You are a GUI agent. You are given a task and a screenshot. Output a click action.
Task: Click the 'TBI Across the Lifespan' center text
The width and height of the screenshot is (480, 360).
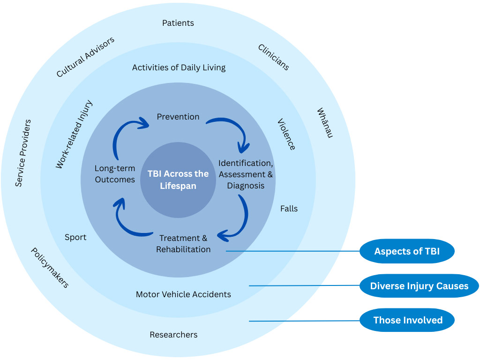pyautogui.click(x=178, y=180)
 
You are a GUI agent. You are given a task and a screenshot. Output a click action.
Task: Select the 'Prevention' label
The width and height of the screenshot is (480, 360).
pyautogui.click(x=178, y=117)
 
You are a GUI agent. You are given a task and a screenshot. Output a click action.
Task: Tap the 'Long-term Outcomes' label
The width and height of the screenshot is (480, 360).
pyautogui.click(x=115, y=174)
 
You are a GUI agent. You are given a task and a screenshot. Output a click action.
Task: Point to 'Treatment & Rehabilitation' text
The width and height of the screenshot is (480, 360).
pyautogui.click(x=183, y=244)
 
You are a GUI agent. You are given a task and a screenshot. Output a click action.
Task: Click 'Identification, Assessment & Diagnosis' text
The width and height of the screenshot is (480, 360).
pyautogui.click(x=246, y=174)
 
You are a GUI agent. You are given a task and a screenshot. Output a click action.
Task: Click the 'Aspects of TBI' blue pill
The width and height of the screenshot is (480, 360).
pyautogui.click(x=407, y=252)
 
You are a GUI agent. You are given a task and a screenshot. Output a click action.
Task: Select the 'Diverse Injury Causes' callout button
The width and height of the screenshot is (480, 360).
pyautogui.click(x=419, y=286)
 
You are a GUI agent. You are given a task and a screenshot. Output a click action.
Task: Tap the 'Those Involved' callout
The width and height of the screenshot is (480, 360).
pyautogui.click(x=408, y=321)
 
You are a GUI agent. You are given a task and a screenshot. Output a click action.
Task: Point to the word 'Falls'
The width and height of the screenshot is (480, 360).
pyautogui.click(x=289, y=209)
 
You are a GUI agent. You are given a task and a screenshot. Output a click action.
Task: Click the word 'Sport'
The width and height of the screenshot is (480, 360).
pyautogui.click(x=75, y=237)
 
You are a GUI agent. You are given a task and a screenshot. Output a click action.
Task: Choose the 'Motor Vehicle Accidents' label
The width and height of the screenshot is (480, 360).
pyautogui.click(x=183, y=294)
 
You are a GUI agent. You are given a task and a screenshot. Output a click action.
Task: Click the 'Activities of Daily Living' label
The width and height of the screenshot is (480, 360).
pyautogui.click(x=179, y=67)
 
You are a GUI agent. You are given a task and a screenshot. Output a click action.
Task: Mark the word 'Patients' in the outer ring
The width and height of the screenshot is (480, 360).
pyautogui.click(x=178, y=23)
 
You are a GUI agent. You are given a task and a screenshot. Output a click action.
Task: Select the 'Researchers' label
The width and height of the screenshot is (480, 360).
pyautogui.click(x=173, y=335)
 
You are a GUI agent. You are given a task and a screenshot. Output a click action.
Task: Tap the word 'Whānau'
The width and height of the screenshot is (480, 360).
pyautogui.click(x=324, y=123)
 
